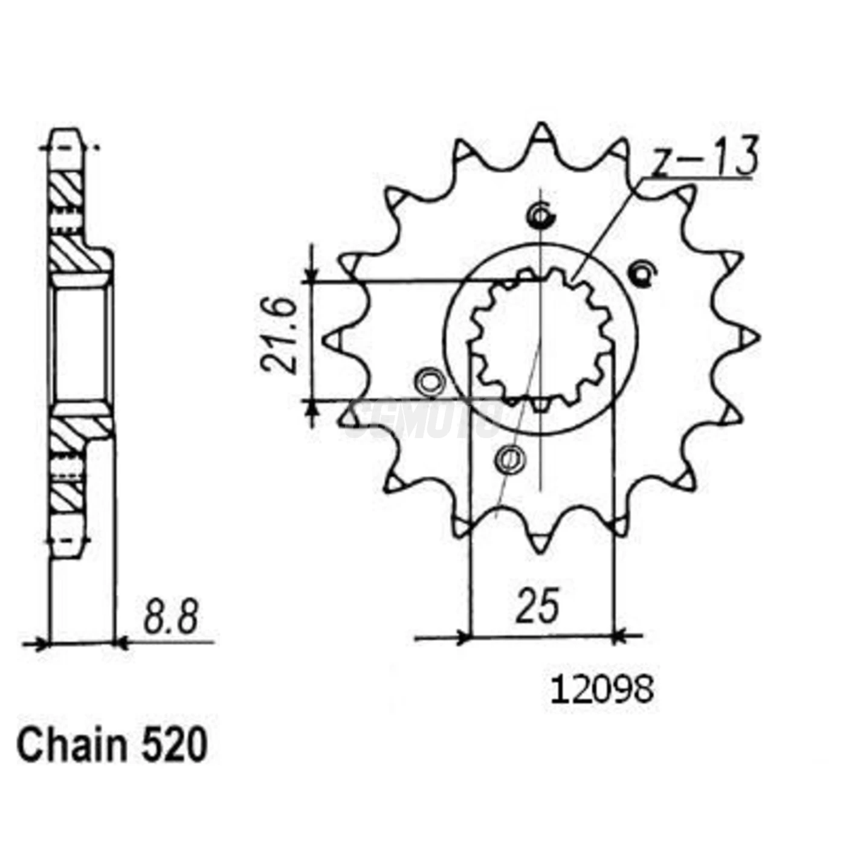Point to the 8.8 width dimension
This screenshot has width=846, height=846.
tap(171, 616)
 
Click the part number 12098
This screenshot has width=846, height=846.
tap(602, 689)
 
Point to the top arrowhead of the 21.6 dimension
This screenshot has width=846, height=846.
tap(312, 276)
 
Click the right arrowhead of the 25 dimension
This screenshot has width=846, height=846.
tap(619, 636)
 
